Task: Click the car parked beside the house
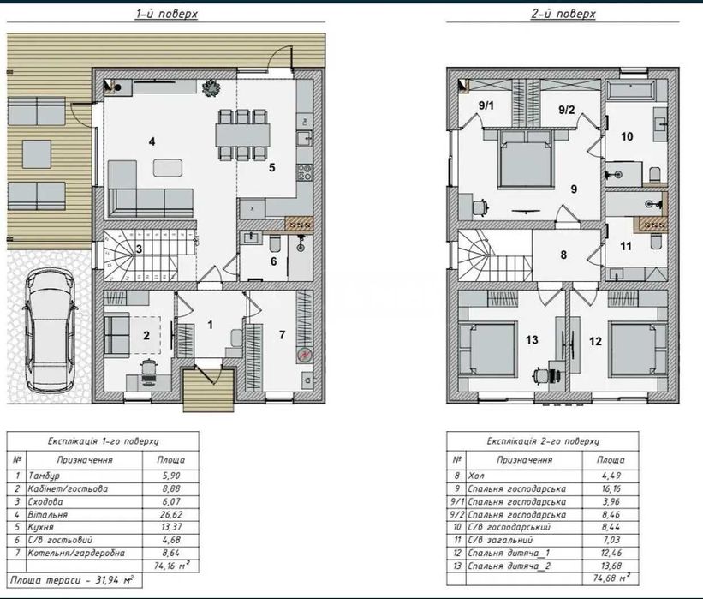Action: [x=50, y=330]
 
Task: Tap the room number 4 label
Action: [x=152, y=141]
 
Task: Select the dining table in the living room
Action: [x=242, y=135]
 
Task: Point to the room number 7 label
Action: [x=282, y=335]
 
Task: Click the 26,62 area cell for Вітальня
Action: [x=170, y=515]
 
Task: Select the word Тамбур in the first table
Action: [x=44, y=476]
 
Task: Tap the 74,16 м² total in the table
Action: [x=171, y=566]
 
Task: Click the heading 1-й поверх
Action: [x=166, y=14]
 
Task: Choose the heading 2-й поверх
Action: [x=563, y=14]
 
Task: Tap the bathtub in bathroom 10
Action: [x=630, y=90]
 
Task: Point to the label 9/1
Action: [x=486, y=106]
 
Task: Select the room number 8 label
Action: [x=563, y=255]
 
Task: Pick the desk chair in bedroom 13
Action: [x=540, y=375]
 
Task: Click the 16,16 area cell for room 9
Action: [x=611, y=488]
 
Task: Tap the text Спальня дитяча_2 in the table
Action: [x=509, y=566]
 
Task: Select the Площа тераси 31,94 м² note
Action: [x=72, y=579]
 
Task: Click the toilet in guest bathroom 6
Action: [x=275, y=244]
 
